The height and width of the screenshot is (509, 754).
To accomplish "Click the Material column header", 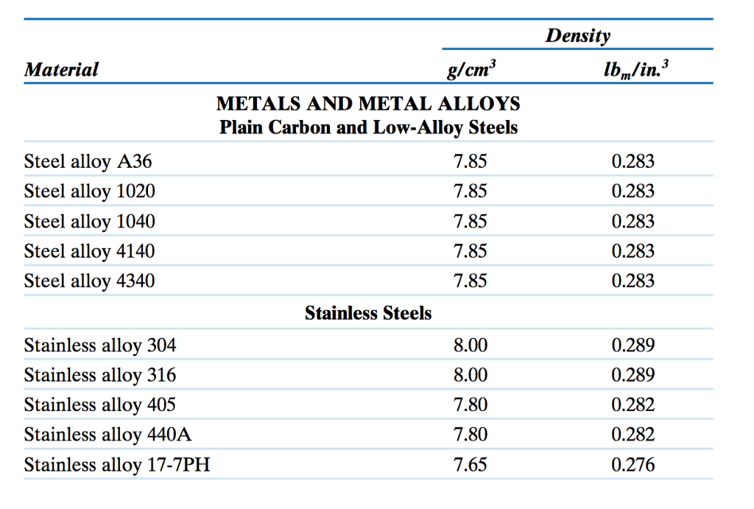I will click(x=61, y=70).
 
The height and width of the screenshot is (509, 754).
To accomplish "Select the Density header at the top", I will click(x=578, y=35).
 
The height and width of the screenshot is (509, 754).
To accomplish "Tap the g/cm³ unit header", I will click(x=472, y=71).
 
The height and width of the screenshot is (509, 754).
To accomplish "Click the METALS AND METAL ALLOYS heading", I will click(x=368, y=104).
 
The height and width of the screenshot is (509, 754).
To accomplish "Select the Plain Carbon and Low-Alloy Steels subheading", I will click(x=368, y=127).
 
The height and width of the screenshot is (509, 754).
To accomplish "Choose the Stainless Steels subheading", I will click(x=368, y=314).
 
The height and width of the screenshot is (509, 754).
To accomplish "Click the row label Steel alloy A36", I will click(x=88, y=161).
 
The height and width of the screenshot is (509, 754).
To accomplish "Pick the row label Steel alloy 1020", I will click(x=90, y=192).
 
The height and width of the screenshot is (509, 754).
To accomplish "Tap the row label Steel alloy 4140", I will click(x=90, y=251).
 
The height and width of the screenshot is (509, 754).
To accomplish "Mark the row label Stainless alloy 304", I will click(x=100, y=345).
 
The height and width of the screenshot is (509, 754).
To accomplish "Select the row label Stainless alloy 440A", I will click(x=108, y=435).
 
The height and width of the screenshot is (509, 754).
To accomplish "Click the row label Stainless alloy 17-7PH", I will click(x=117, y=465).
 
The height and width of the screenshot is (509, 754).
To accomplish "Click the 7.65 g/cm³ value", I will click(x=471, y=465).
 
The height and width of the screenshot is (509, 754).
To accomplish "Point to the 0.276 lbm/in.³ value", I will click(x=633, y=465).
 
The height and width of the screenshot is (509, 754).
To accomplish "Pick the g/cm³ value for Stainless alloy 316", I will click(x=471, y=375).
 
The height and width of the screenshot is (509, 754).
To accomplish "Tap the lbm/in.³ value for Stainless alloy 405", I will click(x=633, y=404).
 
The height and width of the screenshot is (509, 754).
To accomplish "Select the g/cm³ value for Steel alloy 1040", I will click(x=471, y=221).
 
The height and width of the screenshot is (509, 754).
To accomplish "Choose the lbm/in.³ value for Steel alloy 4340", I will click(x=633, y=281).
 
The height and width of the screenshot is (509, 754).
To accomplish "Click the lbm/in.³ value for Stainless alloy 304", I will click(x=633, y=345).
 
